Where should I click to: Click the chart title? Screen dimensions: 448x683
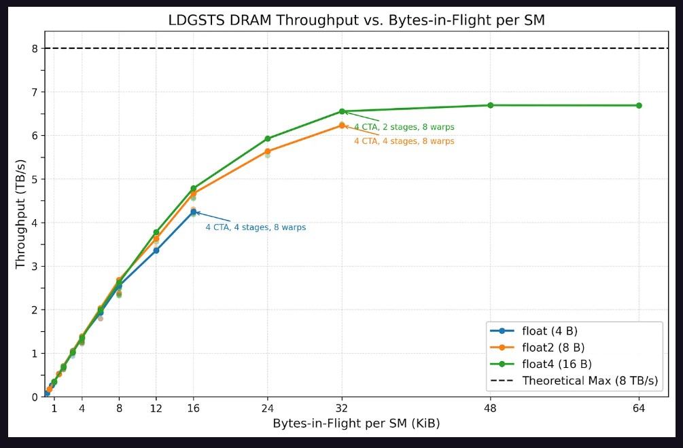click(x=356, y=20)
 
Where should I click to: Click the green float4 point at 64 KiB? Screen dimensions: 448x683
click(x=639, y=105)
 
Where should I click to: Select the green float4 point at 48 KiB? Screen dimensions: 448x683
click(x=490, y=105)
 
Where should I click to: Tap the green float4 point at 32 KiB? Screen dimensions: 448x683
click(x=342, y=111)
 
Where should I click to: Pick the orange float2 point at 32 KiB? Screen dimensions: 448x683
click(x=342, y=125)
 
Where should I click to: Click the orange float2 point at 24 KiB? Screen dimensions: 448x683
click(x=268, y=151)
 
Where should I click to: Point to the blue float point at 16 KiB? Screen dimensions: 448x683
click(x=193, y=212)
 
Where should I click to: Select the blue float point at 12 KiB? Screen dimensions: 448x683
click(x=156, y=250)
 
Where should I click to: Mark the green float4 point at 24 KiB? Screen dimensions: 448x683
click(x=268, y=138)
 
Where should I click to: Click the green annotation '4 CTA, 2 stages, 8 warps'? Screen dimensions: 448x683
click(x=404, y=127)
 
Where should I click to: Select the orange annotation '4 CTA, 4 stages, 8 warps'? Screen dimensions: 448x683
click(x=404, y=141)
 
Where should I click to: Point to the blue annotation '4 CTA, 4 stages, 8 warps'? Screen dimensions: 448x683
click(x=256, y=227)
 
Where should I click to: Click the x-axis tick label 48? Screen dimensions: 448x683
click(x=490, y=409)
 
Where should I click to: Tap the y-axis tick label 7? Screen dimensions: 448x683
click(x=35, y=92)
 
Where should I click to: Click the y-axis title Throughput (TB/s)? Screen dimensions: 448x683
click(x=20, y=214)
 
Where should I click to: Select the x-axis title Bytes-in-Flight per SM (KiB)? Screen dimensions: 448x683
click(x=356, y=424)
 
